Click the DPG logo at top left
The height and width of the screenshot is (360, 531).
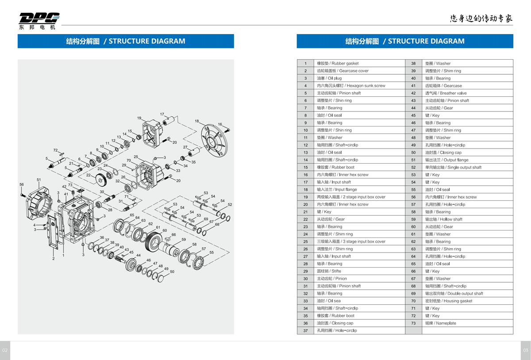[x=39, y=21]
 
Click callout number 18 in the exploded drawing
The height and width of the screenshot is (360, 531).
[x=197, y=121]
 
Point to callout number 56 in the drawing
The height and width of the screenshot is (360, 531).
[x=22, y=184]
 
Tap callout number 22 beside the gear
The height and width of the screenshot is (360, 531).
[x=88, y=175]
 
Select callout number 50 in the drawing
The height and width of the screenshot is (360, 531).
[x=172, y=272]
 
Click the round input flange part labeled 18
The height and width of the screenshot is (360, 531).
[x=214, y=140]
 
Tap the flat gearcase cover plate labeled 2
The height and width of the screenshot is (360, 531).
[x=53, y=232]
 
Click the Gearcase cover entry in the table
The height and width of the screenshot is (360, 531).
[x=343, y=71]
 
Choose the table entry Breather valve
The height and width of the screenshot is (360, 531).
[x=446, y=93]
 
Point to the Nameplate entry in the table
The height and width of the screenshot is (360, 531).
[x=440, y=323]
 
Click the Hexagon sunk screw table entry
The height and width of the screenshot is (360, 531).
[x=351, y=85]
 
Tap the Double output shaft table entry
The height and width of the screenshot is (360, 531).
[x=454, y=293]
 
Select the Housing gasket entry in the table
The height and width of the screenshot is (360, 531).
[x=449, y=301]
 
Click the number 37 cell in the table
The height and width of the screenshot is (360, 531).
[x=305, y=330]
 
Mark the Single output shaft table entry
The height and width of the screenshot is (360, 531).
[x=453, y=167]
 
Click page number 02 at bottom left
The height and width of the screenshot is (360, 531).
[x=5, y=350]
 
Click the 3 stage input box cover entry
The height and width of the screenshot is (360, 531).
[x=351, y=241]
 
